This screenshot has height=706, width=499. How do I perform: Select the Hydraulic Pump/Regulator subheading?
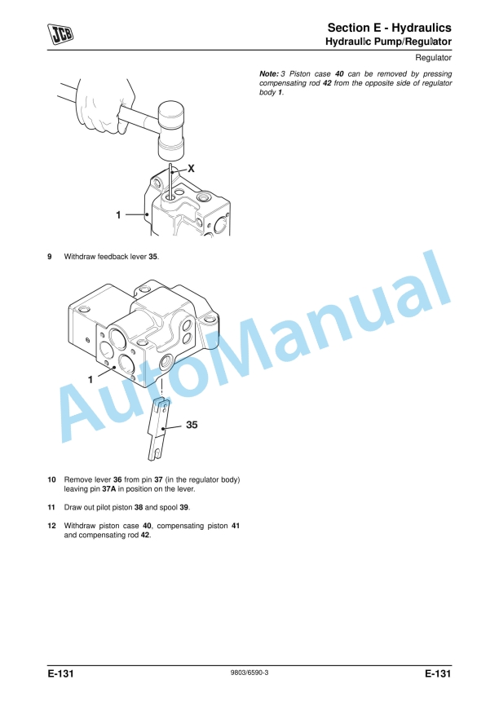pos(388,41)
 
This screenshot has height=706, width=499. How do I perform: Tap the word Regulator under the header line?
pos(433,59)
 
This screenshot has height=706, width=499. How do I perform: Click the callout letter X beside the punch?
pos(191,167)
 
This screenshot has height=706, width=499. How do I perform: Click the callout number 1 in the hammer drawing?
pos(118,215)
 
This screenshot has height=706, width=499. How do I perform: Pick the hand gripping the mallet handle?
pos(102,102)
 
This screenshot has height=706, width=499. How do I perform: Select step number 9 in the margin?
pos(50,257)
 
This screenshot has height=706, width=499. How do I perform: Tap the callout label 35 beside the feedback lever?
pos(192,425)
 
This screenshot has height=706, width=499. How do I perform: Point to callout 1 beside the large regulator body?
pos(91,379)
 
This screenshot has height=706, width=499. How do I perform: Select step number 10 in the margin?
pos(51,479)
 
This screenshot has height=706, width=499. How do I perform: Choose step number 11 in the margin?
pos(51,507)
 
